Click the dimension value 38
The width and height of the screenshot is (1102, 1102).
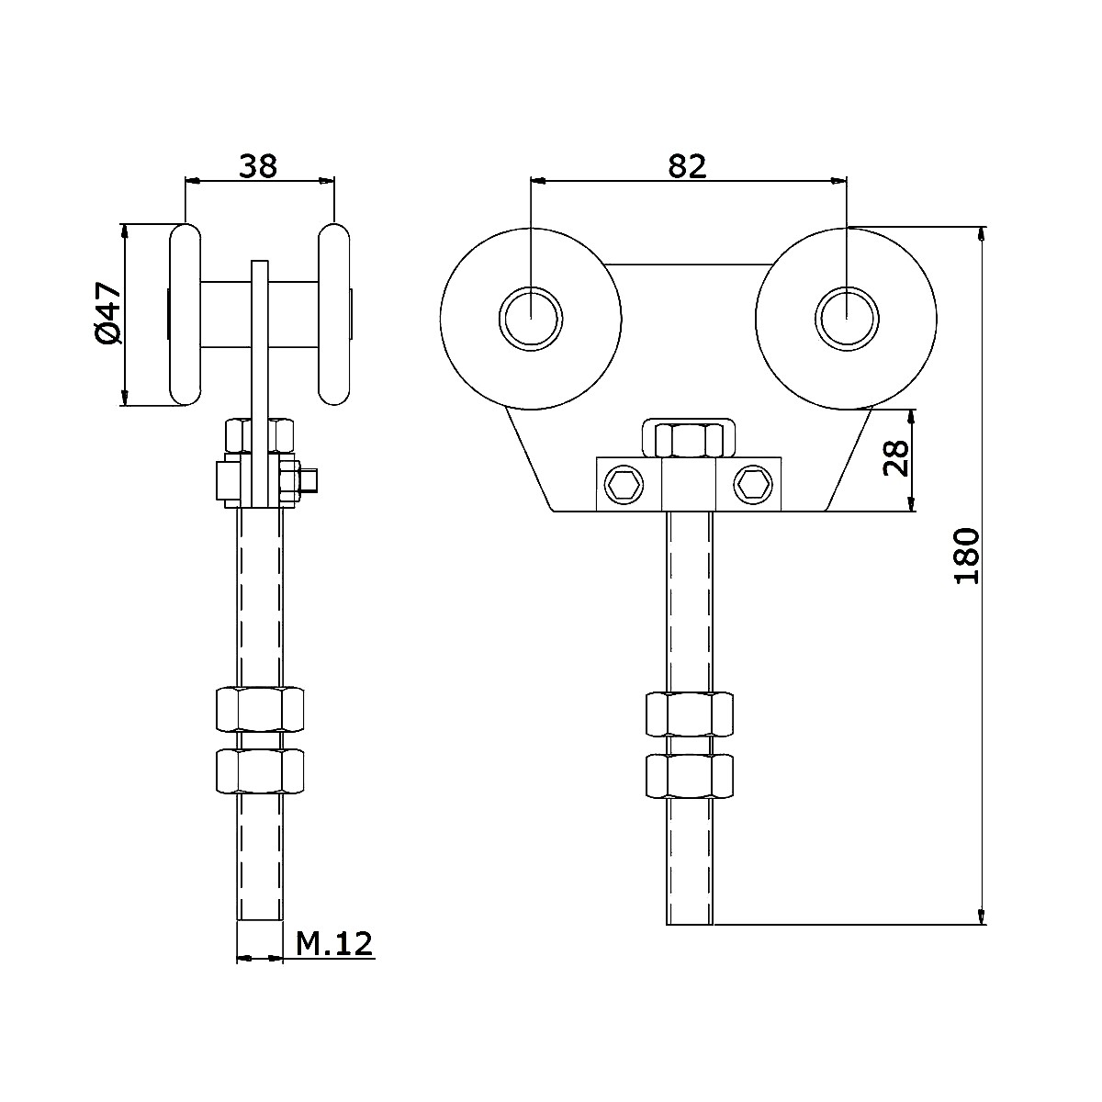point(258,166)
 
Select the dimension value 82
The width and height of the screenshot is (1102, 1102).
point(688,166)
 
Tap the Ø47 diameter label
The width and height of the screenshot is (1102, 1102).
point(108,313)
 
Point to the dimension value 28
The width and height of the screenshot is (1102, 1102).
point(896,457)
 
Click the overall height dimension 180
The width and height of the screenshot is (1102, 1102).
point(967,556)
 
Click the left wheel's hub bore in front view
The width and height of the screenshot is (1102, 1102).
point(531,318)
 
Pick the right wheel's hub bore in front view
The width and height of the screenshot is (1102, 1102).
point(847,318)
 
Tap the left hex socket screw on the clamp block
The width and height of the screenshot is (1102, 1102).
point(624,485)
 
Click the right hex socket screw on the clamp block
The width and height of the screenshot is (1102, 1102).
point(753,485)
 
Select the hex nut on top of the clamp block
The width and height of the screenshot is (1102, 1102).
point(689,441)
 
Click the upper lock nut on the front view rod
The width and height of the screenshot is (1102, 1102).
point(689,714)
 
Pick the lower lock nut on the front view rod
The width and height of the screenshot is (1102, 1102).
point(689,777)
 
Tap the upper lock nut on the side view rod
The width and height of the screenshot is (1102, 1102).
point(260,710)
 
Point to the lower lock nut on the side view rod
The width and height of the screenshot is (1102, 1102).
point(260,771)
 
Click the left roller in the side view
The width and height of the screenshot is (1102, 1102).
point(186,315)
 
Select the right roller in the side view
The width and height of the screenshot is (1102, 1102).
point(334,315)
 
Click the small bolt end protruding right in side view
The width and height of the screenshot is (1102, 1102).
point(309,480)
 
